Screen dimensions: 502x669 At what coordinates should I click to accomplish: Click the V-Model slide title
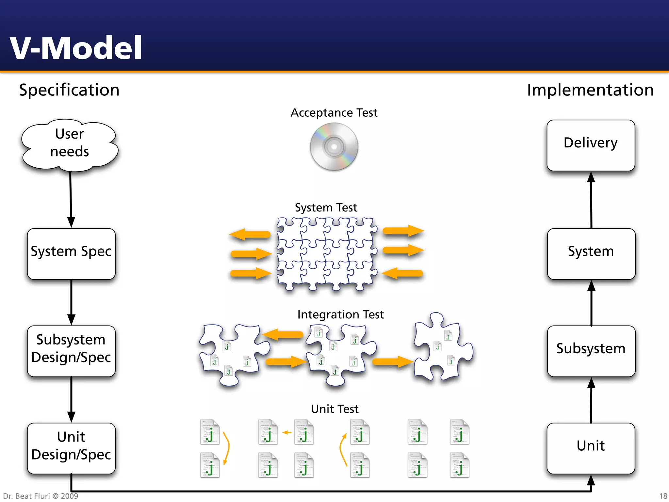pos(76,48)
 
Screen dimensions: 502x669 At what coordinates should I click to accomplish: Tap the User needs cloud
pos(70,144)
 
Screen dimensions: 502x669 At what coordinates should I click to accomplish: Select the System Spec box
pos(71,254)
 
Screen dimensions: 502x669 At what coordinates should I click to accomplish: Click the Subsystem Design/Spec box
pos(71,351)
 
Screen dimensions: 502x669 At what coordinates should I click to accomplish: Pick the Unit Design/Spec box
pos(71,448)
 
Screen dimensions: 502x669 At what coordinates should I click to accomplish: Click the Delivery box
pos(591,145)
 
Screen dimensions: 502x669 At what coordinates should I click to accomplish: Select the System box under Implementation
pos(591,254)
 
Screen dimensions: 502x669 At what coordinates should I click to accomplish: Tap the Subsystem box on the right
pos(591,351)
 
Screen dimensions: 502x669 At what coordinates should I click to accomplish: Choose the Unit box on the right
pos(591,448)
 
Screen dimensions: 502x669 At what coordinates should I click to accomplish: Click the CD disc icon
pos(334,147)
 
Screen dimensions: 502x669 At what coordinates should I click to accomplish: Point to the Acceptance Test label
pos(334,113)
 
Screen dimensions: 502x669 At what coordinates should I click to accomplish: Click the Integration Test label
pos(340,314)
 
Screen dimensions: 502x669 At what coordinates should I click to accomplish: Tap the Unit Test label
pos(334,409)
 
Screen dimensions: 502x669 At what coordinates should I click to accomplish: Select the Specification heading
pos(69,90)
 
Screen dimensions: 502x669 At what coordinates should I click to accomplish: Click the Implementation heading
pos(590,90)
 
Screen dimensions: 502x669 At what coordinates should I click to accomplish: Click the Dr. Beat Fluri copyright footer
pos(41,496)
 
